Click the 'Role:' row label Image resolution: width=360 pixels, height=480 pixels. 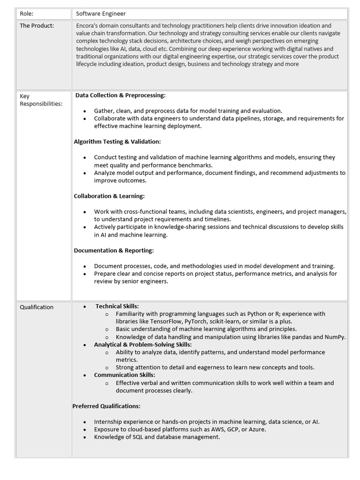tap(27, 14)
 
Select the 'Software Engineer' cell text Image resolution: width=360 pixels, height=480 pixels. tap(101, 14)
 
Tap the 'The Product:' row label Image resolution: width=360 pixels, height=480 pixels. tap(37, 26)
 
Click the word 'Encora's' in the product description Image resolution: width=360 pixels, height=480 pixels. tap(88, 26)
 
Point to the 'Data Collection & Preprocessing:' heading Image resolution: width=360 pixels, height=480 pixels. tap(120, 95)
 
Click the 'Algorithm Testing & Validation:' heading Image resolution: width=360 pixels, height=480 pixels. tap(117, 142)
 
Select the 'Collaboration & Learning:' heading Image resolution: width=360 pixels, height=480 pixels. tap(109, 196)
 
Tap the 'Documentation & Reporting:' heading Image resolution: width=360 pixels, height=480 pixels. tap(114, 250)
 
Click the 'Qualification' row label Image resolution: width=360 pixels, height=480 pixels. tap(37, 307)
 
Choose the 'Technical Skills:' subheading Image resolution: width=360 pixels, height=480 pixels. tap(117, 306)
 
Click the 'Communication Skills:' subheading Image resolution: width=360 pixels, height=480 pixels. tap(124, 375)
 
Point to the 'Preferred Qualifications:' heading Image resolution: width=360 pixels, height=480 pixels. tap(106, 406)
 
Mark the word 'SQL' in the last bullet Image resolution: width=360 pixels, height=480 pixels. tap(140, 437)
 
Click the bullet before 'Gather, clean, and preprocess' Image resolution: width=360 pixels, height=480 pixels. tap(84, 111)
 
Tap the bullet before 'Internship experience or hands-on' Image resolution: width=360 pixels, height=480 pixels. tap(84, 422)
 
